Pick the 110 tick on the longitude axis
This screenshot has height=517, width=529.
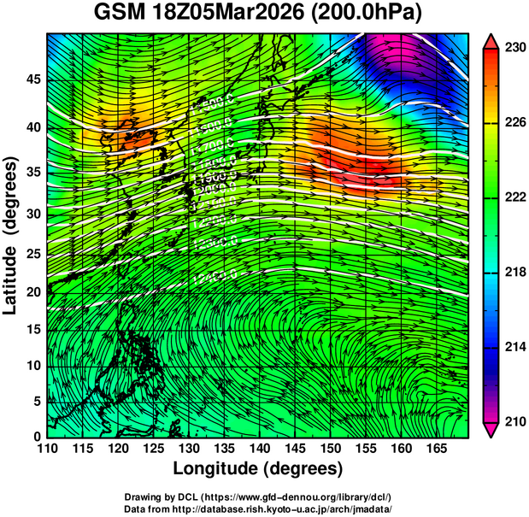tap(47, 449)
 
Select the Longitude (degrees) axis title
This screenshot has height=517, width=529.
tap(257, 468)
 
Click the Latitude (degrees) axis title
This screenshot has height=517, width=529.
tap(11, 234)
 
